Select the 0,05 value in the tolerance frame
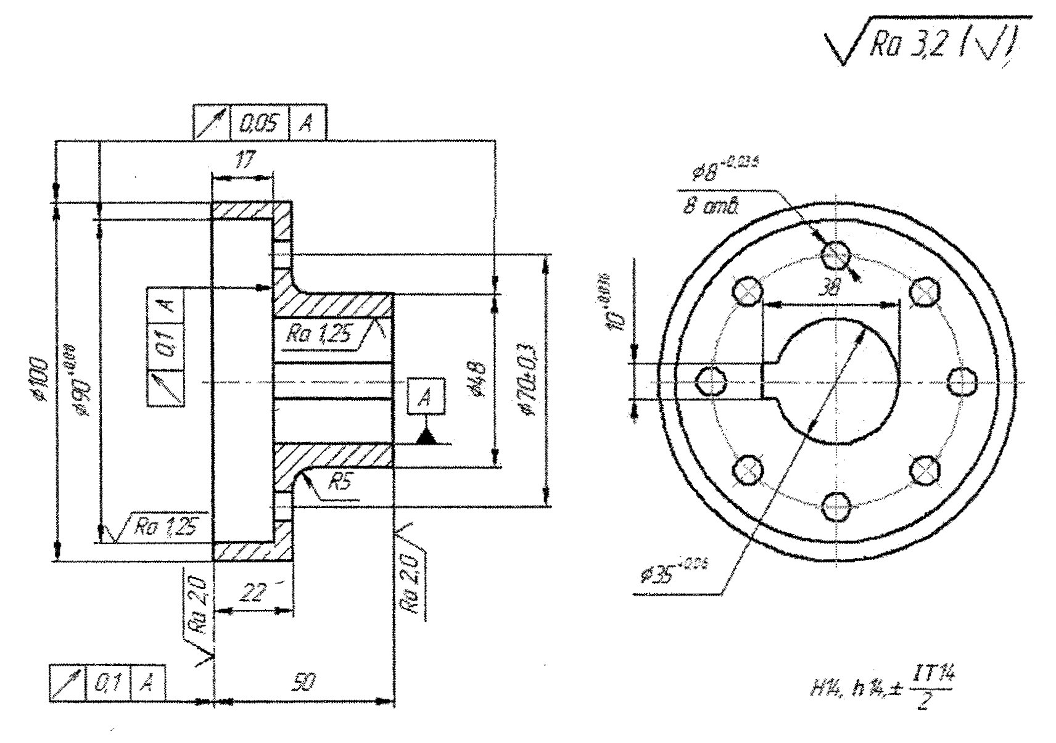pyautogui.click(x=258, y=124)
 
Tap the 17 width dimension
pyautogui.click(x=244, y=161)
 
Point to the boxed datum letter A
pyautogui.click(x=424, y=396)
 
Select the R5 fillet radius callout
pyautogui.click(x=339, y=483)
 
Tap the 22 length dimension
pyautogui.click(x=252, y=593)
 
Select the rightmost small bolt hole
pyautogui.click(x=962, y=382)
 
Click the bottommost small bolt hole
pyautogui.click(x=836, y=507)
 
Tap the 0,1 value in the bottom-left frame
pyautogui.click(x=108, y=684)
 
